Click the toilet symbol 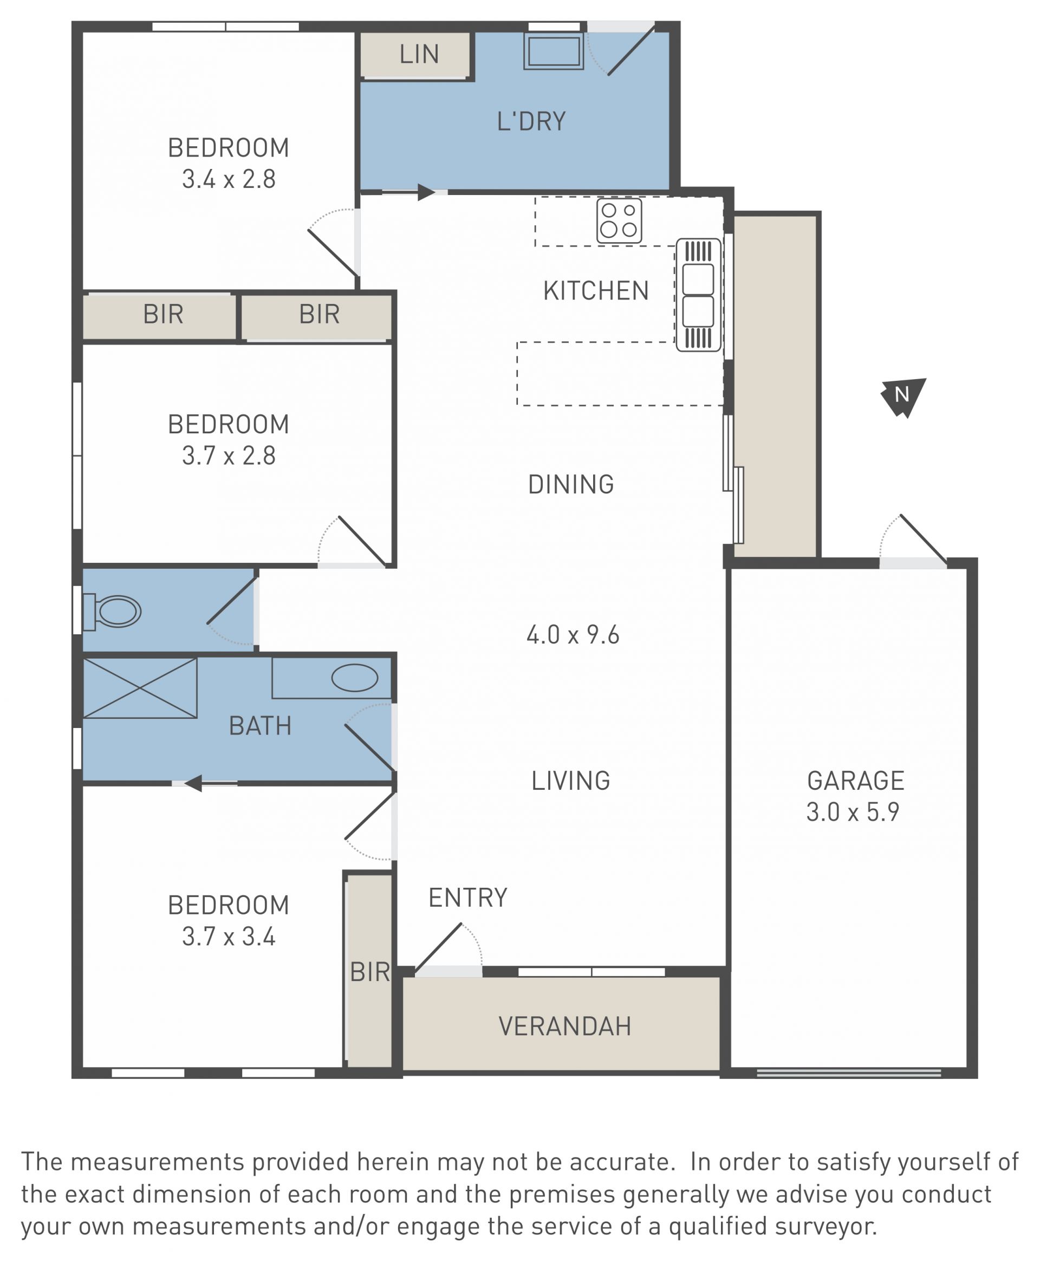tap(112, 612)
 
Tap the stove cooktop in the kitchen tap(619, 220)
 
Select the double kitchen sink tap(698, 295)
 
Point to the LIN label tap(419, 55)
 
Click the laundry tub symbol tap(554, 51)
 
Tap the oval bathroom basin tap(355, 678)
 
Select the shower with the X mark tap(140, 688)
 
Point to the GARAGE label tap(855, 781)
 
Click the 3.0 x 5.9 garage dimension tap(853, 812)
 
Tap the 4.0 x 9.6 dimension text tap(573, 635)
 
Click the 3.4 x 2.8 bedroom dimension tap(229, 179)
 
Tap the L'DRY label tap(531, 122)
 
